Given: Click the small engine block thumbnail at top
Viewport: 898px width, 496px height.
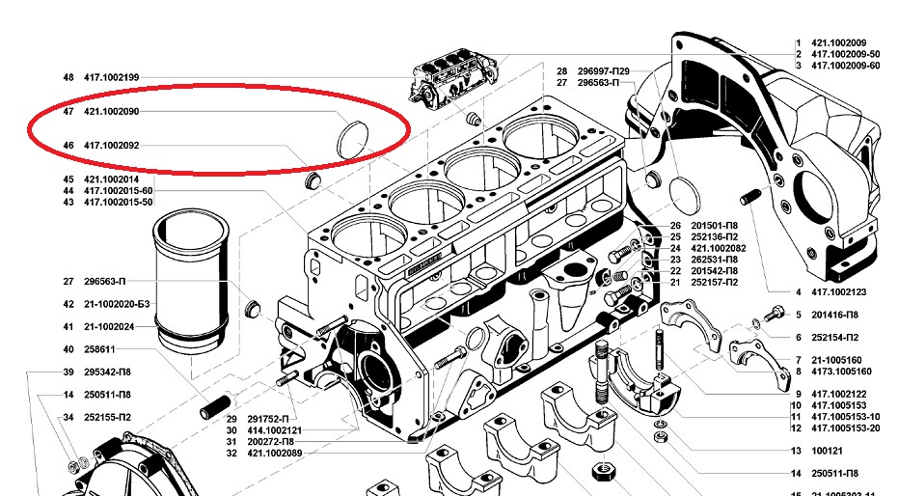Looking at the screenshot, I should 454,78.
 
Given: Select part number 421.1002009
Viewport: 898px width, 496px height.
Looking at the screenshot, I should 838,43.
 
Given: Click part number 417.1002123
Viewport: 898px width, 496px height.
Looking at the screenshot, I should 838,292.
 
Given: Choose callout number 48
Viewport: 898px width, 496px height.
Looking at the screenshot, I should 68,77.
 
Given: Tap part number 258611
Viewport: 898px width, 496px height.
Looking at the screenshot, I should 99,349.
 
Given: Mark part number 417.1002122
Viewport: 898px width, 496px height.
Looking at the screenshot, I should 838,394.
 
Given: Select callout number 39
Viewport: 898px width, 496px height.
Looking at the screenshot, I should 68,372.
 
